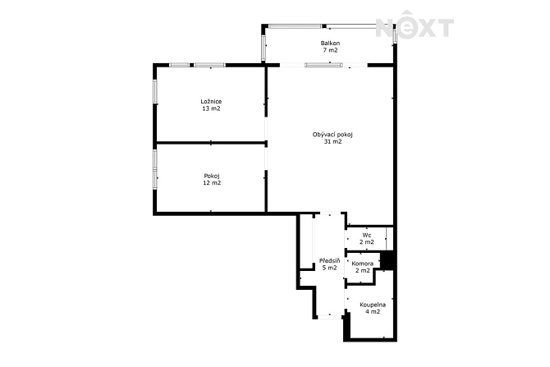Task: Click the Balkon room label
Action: coord(330,44)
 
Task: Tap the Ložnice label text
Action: coord(211,102)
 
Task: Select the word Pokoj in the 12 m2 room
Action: coord(212,176)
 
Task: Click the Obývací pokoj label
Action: coord(332,135)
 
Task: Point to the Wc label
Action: coord(367,235)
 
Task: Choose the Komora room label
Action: coord(362,264)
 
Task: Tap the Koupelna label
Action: coord(373,305)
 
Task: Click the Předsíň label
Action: coord(330,261)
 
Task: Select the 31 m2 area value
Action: coord(333,142)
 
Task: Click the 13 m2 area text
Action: coord(211,108)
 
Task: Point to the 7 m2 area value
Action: coord(331,50)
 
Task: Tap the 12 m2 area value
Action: coord(212,183)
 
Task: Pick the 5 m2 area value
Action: coord(330,268)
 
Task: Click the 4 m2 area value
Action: coord(373,311)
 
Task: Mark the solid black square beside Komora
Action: coord(387,260)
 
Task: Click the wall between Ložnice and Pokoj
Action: coord(210,143)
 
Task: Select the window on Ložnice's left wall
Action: coord(154,91)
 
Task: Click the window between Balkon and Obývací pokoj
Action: coord(323,65)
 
